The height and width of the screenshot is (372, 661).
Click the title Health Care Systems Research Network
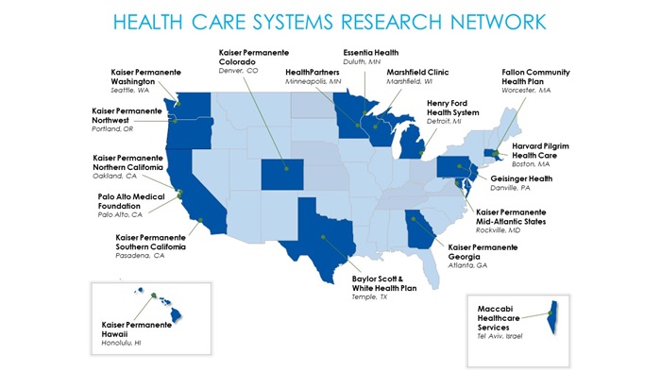pyautogui.click(x=330, y=21)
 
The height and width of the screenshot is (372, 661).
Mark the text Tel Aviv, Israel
pyautogui.click(x=500, y=337)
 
